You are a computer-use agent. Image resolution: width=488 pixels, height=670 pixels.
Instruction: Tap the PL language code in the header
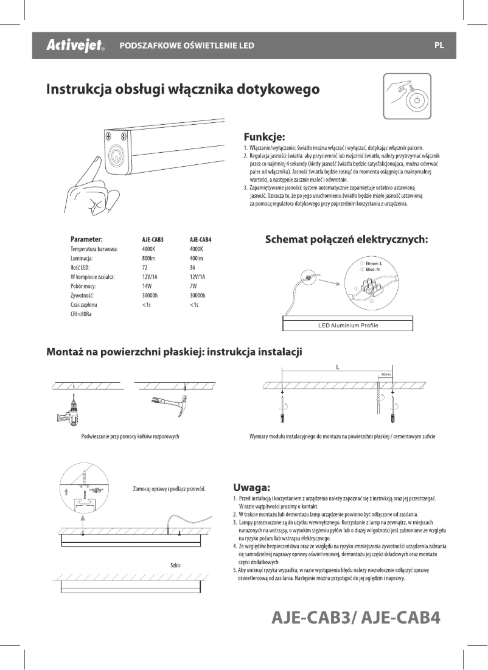tap(439, 46)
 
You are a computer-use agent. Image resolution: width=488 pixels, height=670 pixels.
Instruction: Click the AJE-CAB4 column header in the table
tap(200, 240)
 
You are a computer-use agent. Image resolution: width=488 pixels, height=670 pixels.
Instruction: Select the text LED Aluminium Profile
tap(347, 326)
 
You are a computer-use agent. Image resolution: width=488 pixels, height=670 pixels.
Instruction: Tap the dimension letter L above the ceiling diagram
tap(337, 367)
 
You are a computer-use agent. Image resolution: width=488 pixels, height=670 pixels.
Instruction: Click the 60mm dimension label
tap(386, 374)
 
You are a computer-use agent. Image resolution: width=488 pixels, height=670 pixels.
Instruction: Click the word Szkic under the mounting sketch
tap(176, 565)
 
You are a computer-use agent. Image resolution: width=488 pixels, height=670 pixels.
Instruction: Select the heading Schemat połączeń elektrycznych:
tap(347, 239)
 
